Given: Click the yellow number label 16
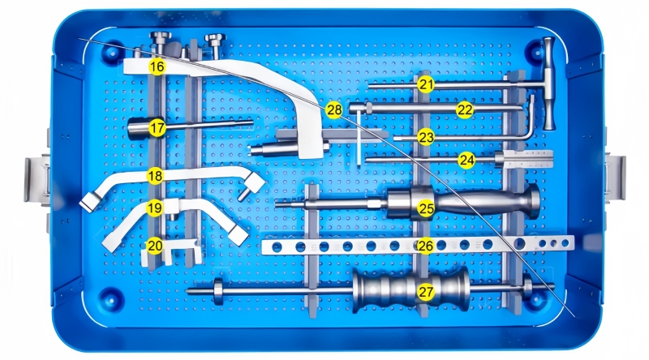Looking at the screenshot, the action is (157, 66).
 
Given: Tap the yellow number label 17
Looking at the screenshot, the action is (157, 128).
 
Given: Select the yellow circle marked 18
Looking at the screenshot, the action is (155, 176).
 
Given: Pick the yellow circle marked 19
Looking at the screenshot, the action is (155, 208).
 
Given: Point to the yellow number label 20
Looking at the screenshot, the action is (155, 246).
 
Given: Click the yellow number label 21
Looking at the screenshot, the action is (425, 85).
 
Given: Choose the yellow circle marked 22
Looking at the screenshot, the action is (465, 110).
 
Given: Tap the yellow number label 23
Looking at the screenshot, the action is (425, 137).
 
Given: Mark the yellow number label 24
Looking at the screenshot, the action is (466, 161).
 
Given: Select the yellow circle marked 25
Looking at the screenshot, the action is (426, 208).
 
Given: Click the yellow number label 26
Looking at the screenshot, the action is (425, 246).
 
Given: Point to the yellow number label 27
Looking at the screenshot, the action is (425, 292).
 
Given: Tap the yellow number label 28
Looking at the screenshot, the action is (334, 110).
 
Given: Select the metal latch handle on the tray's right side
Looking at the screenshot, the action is (616, 177).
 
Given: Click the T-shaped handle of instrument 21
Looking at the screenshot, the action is (549, 84).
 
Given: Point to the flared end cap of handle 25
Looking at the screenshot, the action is (533, 202).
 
